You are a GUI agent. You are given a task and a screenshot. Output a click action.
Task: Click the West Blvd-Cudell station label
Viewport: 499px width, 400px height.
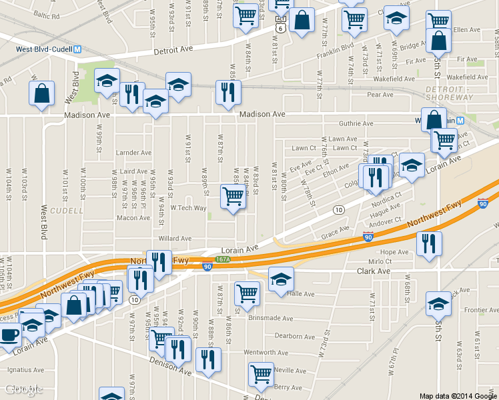(44, 49)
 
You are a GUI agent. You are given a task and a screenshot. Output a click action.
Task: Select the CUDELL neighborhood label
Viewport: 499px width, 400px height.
(67, 211)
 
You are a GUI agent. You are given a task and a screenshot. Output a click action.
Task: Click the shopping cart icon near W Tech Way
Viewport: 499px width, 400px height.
(233, 197)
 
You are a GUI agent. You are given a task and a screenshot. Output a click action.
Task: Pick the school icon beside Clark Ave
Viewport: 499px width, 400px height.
(281, 279)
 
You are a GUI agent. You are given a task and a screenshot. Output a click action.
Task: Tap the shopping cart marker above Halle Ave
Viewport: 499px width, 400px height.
(247, 293)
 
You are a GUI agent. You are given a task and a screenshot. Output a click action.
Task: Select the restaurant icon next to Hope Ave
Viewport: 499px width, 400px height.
(429, 243)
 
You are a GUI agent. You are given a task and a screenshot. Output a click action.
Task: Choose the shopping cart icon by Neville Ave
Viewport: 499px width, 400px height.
(260, 374)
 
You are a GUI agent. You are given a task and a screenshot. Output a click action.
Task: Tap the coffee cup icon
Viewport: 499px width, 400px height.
(8, 335)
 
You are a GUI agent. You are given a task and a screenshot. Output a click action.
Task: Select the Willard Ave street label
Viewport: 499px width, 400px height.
(175, 238)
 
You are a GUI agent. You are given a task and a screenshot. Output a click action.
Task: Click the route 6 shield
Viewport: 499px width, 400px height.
(280, 27)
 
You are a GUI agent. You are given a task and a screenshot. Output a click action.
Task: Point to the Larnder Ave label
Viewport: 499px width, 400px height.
(130, 153)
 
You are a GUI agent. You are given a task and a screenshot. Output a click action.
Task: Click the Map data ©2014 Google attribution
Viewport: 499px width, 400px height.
(458, 395)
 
